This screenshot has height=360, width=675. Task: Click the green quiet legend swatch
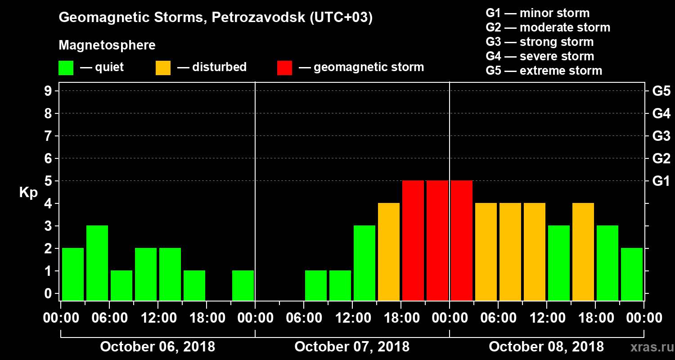click(66, 68)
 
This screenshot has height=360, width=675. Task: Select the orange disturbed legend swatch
click(163, 68)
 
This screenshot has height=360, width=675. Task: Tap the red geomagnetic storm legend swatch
click(284, 68)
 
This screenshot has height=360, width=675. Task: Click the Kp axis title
click(28, 193)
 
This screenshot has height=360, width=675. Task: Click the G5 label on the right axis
click(661, 91)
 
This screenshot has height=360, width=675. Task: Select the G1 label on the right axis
click(661, 181)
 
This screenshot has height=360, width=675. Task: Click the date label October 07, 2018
click(352, 347)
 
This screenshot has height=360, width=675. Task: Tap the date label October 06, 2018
click(157, 347)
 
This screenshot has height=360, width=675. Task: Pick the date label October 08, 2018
click(546, 347)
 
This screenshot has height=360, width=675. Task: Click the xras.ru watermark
click(648, 347)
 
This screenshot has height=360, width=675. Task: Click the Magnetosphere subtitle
click(107, 45)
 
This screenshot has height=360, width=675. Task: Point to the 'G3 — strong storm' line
click(540, 42)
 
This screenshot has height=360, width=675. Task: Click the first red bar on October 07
click(413, 240)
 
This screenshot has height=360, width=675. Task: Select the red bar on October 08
click(462, 240)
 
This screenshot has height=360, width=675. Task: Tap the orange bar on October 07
click(389, 252)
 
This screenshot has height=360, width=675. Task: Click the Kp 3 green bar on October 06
click(97, 263)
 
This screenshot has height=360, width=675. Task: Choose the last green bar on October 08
click(632, 274)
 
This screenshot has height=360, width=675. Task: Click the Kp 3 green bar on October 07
click(364, 263)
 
